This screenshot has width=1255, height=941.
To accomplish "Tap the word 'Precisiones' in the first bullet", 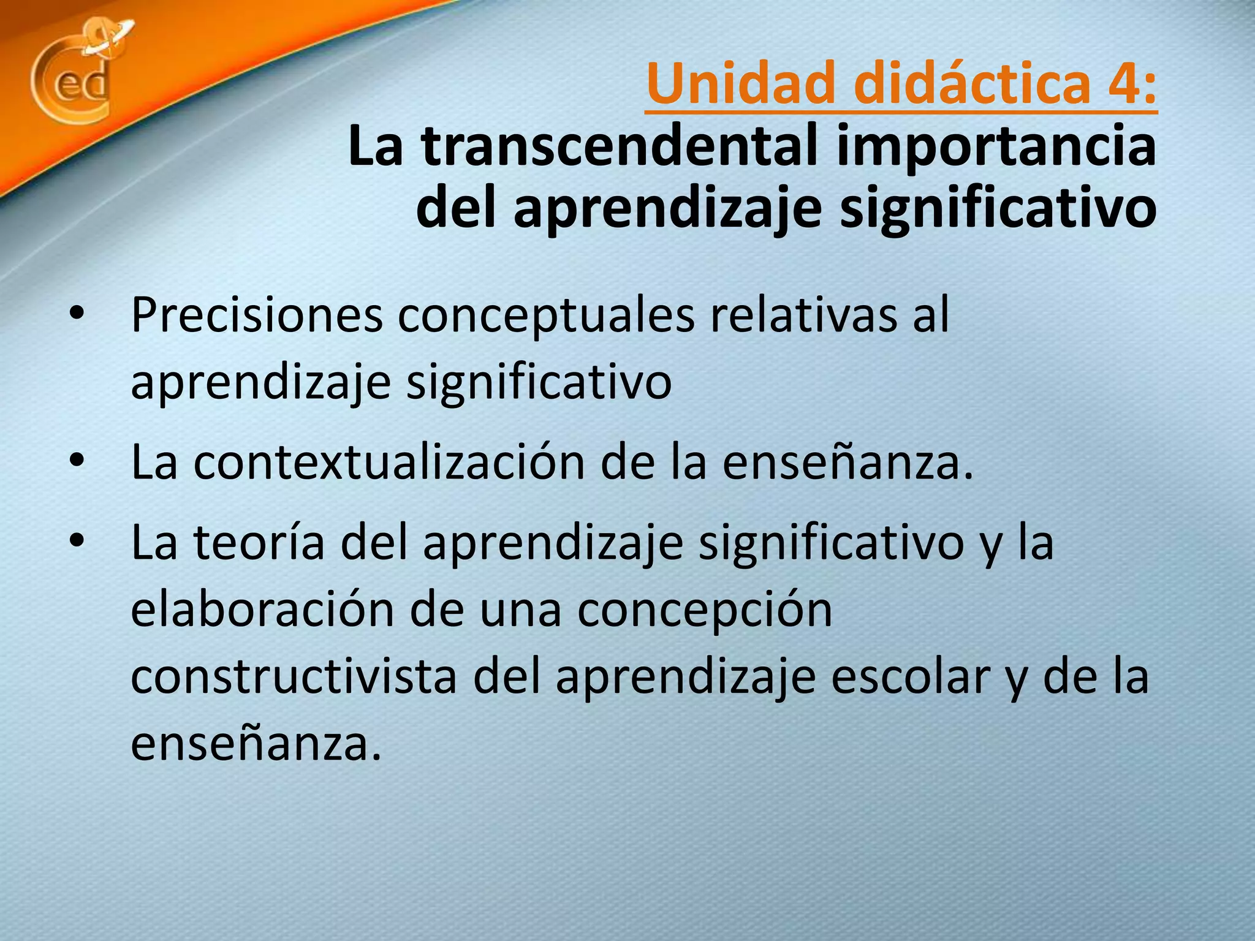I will tap(257, 315).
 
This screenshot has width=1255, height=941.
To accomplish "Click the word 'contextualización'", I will tap(389, 463).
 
